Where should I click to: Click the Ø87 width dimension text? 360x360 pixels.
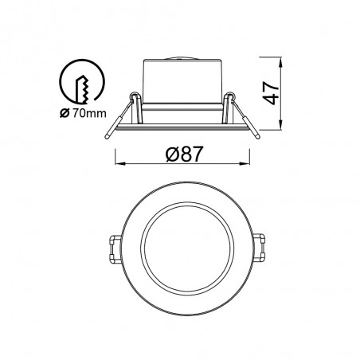coord(180,155)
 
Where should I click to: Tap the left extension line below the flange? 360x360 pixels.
coord(118,151)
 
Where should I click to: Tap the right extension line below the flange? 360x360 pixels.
coord(246,151)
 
